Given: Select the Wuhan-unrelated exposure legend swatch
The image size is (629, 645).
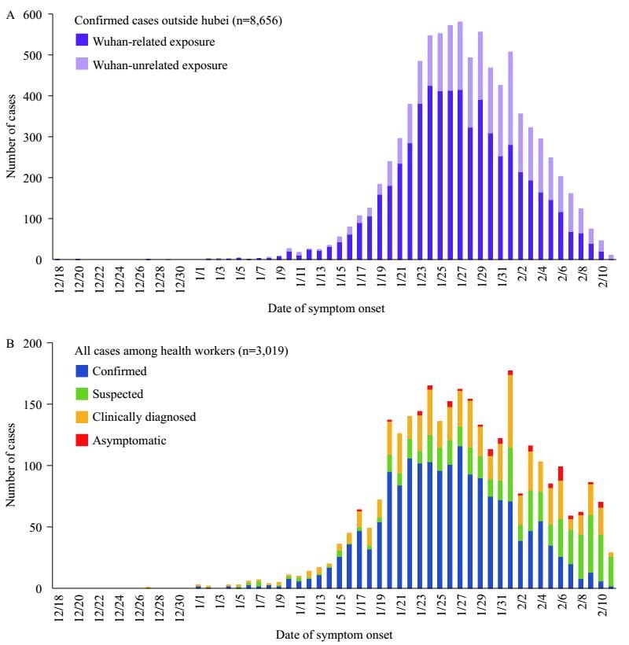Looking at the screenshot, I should pyautogui.click(x=83, y=64).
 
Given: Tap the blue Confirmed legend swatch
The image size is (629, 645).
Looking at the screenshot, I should pyautogui.click(x=83, y=370).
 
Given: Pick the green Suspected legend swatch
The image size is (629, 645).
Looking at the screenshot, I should pyautogui.click(x=83, y=393).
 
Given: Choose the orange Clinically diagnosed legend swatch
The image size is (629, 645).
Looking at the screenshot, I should pyautogui.click(x=83, y=417).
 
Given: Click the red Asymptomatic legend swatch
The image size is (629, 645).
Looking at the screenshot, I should pyautogui.click(x=83, y=440).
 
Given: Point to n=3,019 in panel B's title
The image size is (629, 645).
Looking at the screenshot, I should pyautogui.click(x=263, y=350).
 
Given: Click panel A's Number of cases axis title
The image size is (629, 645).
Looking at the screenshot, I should pyautogui.click(x=11, y=136).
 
